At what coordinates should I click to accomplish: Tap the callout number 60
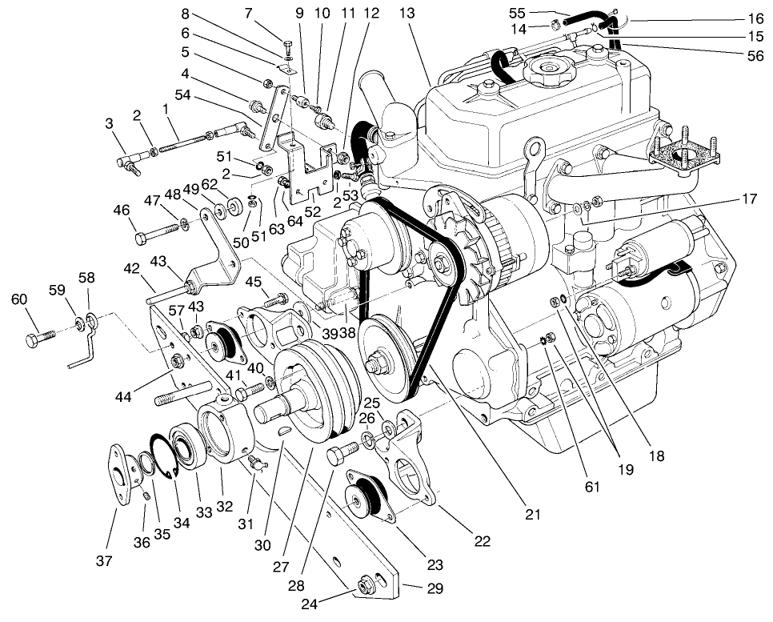(x=19, y=299)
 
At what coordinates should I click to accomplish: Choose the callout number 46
(x=122, y=211)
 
